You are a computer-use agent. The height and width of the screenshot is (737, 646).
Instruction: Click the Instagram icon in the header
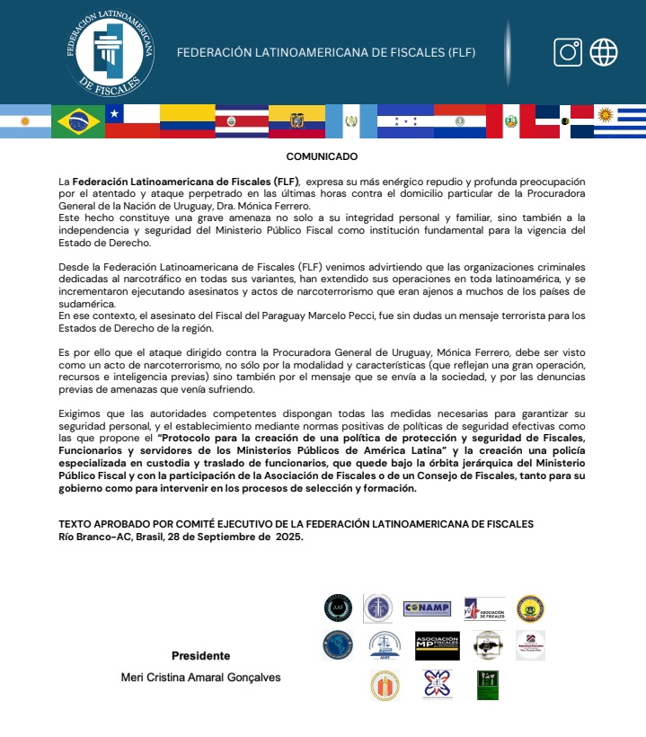pos(568,52)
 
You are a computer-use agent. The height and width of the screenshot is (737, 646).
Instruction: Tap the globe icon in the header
pos(604,52)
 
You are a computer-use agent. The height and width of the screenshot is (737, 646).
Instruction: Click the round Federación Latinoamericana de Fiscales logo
pos(110,53)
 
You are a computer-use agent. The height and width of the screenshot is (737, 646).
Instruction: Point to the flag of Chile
pos(132,121)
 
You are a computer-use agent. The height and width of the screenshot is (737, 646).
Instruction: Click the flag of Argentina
pos(24,121)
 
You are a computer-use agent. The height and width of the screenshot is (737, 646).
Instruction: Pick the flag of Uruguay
pos(619,121)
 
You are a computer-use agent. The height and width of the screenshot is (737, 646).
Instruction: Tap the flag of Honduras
pos(405,121)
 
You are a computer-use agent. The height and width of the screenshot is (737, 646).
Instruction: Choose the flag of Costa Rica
pos(242,121)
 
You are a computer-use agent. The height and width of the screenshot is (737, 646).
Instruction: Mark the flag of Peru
pos(511,121)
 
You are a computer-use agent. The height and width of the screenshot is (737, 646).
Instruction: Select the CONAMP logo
pos(428,608)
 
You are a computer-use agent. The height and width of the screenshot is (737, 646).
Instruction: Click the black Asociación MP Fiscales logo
pos(438,645)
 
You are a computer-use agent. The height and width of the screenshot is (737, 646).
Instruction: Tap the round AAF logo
pos(338,608)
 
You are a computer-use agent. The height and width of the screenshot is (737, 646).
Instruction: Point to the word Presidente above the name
pos(200,655)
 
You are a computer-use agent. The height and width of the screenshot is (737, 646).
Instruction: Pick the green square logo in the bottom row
pos(488,685)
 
